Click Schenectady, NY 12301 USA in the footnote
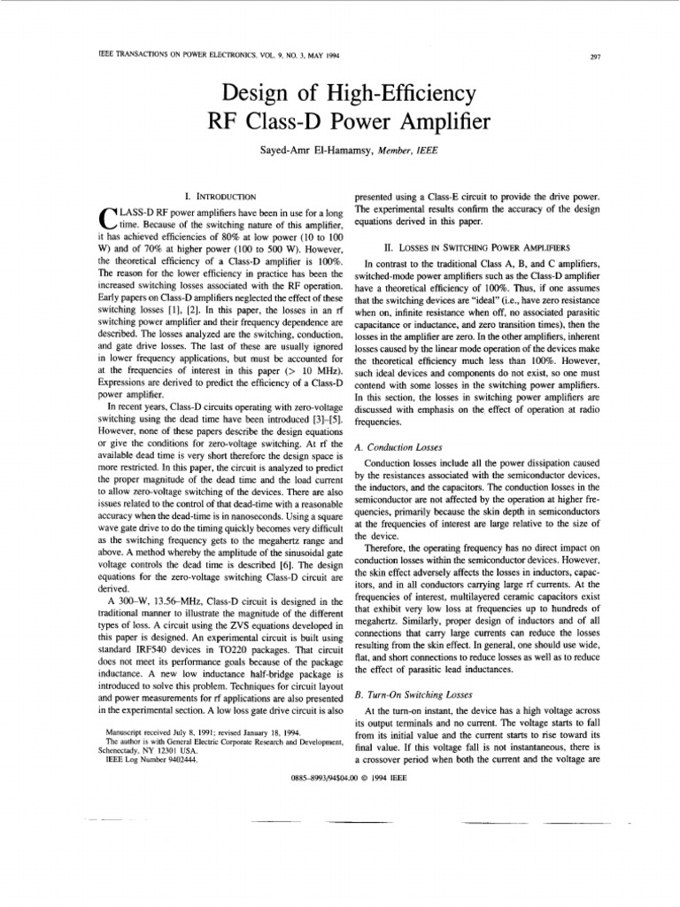coord(146,751)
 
